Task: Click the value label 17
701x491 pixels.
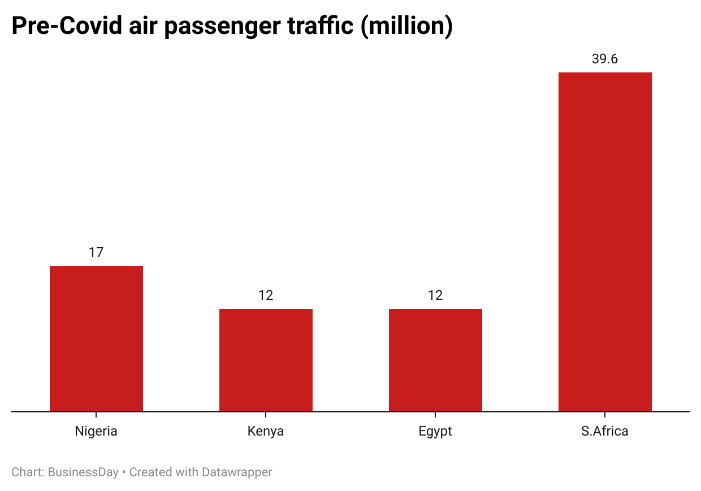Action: click(96, 252)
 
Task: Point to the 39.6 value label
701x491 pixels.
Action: click(605, 59)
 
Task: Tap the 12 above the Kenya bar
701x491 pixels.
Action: click(266, 295)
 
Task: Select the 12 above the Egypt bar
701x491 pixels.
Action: click(435, 295)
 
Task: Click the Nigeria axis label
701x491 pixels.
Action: click(96, 431)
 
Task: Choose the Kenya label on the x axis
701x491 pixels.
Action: click(266, 431)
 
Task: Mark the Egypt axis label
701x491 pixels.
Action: click(435, 431)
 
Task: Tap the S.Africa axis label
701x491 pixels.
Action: click(605, 431)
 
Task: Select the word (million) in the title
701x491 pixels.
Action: click(407, 27)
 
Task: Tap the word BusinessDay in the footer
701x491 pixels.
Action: click(84, 472)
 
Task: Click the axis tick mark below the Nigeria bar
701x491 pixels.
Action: click(96, 415)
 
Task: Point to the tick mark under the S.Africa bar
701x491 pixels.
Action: click(605, 415)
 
